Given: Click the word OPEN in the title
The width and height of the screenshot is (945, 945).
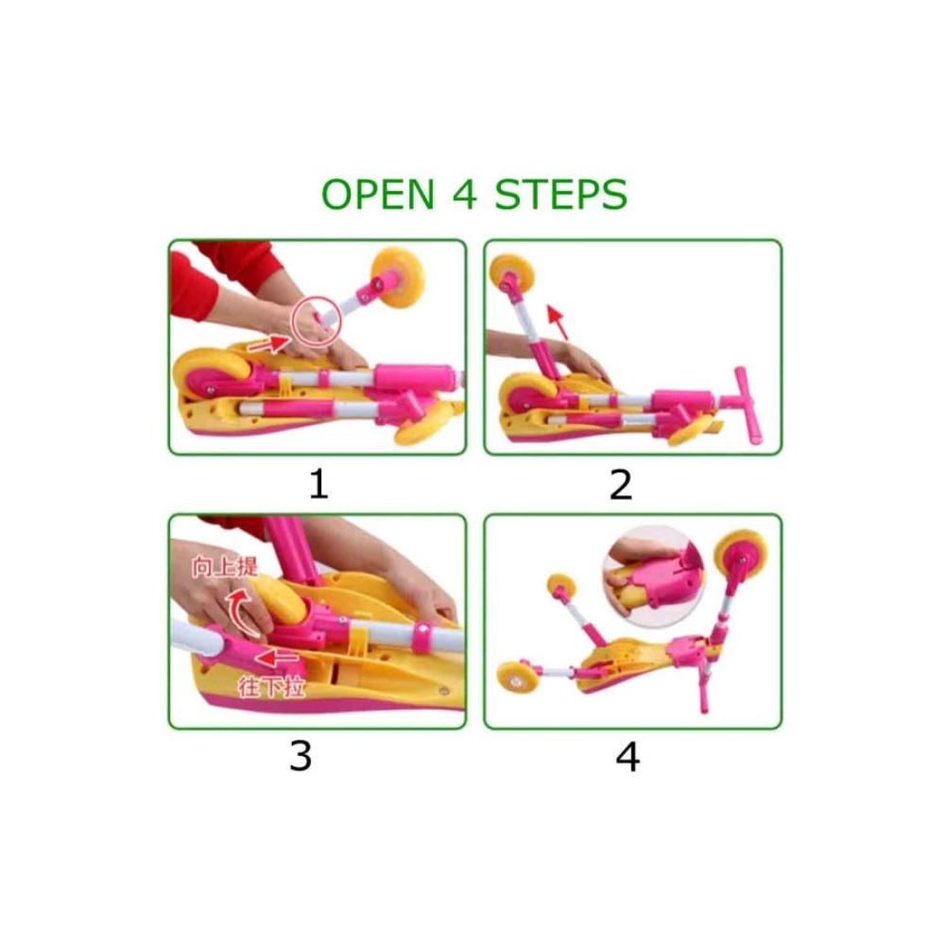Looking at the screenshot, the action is coord(378,194).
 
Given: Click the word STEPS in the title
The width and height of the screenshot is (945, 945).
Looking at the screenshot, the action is coord(560,194).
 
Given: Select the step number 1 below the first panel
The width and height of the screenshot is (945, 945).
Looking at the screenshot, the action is coord(318,484).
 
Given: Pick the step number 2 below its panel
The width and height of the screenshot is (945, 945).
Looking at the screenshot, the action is coord(621,484).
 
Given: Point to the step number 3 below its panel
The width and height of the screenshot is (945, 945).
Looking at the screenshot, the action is coord(301,756).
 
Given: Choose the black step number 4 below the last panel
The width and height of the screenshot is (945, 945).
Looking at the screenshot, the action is coord(627,756).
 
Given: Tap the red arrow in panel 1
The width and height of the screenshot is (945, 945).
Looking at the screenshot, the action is coord(268,345).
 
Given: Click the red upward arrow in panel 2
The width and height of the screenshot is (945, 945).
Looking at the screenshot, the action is coord(558,322).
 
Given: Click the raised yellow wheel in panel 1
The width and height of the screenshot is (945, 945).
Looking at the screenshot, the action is coord(397,277).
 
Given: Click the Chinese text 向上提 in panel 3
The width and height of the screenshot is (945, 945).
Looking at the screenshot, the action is coord(224,566).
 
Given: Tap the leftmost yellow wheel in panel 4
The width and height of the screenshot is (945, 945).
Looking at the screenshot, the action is coord(515,680).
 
